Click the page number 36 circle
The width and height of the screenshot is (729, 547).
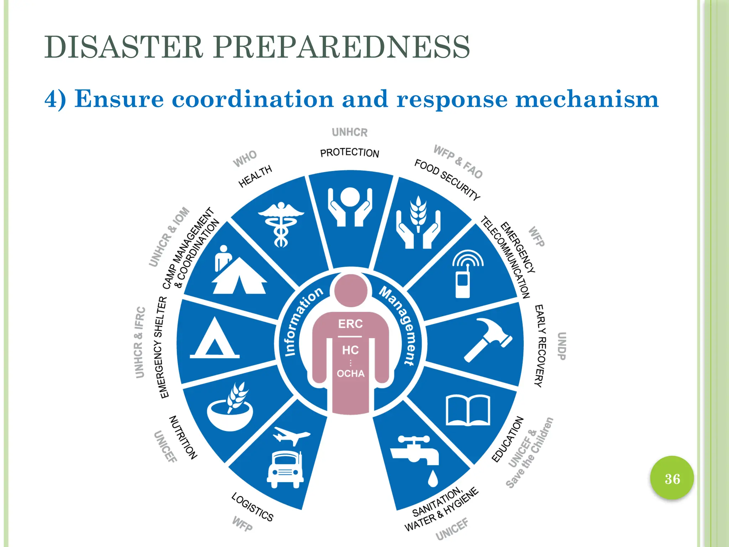[672, 478]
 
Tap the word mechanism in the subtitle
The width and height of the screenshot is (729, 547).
[587, 99]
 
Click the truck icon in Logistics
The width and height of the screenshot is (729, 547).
[285, 469]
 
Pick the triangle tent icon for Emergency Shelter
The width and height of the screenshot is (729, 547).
[214, 339]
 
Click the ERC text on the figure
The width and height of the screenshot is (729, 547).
[350, 324]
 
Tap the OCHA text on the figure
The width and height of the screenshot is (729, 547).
[351, 374]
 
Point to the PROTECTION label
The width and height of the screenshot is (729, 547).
[350, 153]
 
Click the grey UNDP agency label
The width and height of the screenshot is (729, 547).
[561, 346]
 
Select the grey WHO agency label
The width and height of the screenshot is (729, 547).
[245, 158]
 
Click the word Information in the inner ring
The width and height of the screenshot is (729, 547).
[303, 320]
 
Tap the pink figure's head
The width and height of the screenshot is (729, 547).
[351, 290]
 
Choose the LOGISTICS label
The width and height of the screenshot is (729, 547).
[252, 507]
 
